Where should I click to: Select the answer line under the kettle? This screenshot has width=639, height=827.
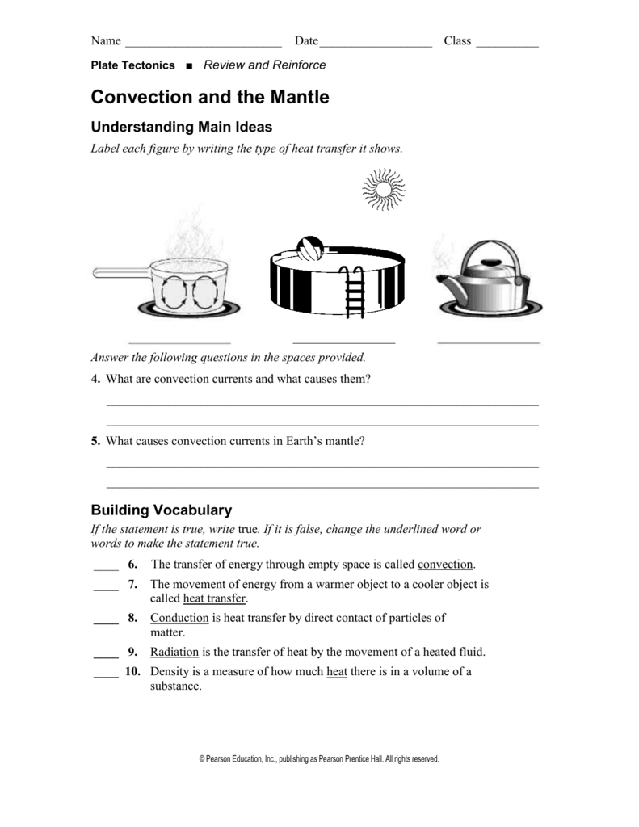tap(488, 342)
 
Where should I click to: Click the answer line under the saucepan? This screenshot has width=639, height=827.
tap(179, 342)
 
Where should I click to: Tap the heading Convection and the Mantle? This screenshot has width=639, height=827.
tap(210, 97)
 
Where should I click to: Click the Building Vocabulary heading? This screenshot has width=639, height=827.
tap(161, 510)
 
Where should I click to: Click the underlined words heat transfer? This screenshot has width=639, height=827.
tap(214, 598)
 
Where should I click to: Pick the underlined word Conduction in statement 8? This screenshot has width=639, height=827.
tap(179, 618)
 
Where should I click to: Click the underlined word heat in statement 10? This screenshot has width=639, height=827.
tap(337, 671)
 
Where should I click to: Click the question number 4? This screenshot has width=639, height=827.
tap(95, 379)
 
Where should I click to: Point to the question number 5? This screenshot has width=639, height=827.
tap(95, 441)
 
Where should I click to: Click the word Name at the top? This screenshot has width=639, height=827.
tap(106, 41)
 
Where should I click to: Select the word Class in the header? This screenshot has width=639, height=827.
tap(457, 41)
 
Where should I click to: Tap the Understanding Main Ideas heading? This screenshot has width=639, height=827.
tap(182, 127)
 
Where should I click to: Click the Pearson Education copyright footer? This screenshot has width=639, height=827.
tap(319, 759)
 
